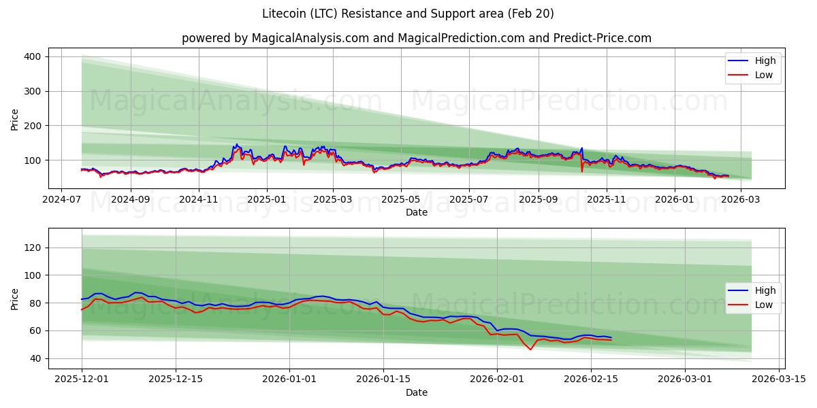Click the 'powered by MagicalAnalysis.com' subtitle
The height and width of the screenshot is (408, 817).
[x=417, y=38]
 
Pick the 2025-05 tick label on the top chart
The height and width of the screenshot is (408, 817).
[x=400, y=200]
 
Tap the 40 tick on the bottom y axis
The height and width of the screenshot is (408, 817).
[x=35, y=358]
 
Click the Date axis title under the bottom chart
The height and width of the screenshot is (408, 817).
[x=417, y=392]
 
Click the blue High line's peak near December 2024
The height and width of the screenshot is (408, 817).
[x=236, y=144]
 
